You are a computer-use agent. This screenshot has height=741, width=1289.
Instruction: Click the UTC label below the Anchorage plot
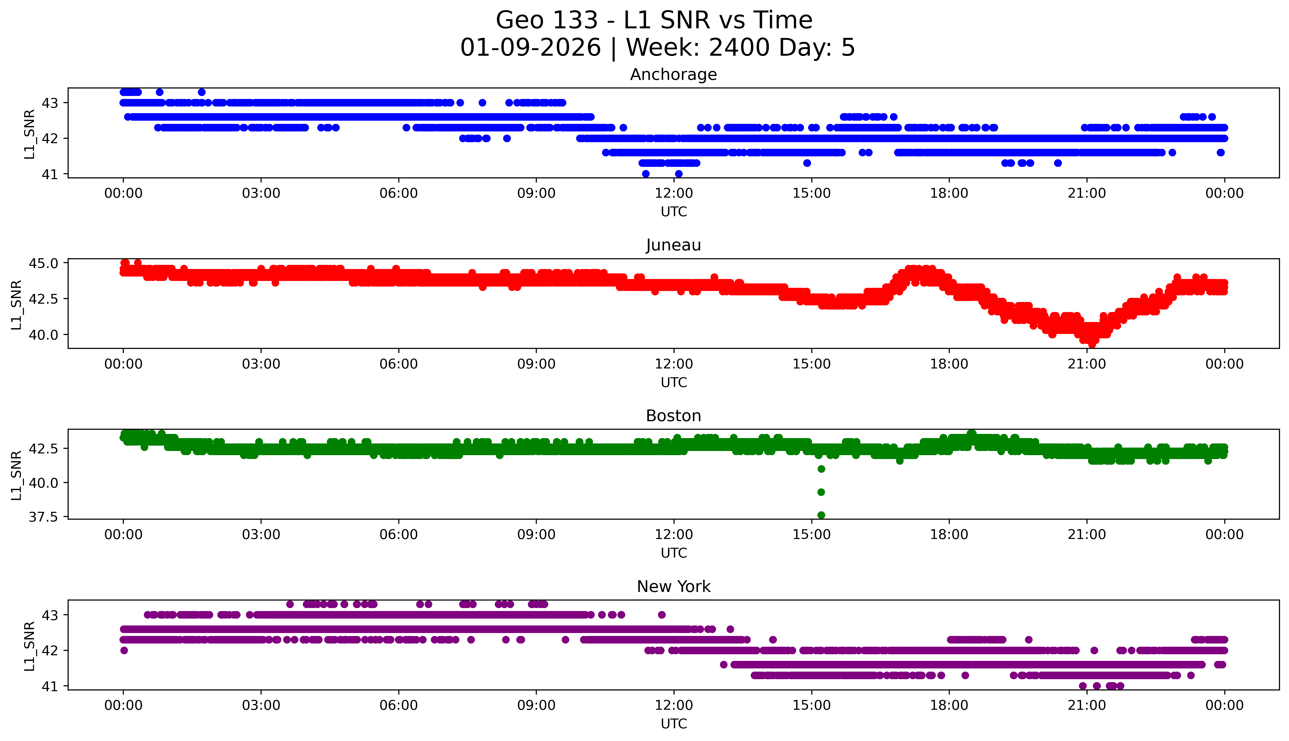pyautogui.click(x=674, y=212)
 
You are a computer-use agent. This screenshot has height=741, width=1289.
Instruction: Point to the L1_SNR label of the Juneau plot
pyautogui.click(x=16, y=304)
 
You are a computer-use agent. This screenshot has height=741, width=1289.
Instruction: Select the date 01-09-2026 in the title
pyautogui.click(x=530, y=48)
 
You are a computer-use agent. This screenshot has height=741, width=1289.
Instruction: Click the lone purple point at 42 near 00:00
pyautogui.click(x=124, y=650)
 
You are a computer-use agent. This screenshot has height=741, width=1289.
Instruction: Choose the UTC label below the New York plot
pyautogui.click(x=674, y=724)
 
